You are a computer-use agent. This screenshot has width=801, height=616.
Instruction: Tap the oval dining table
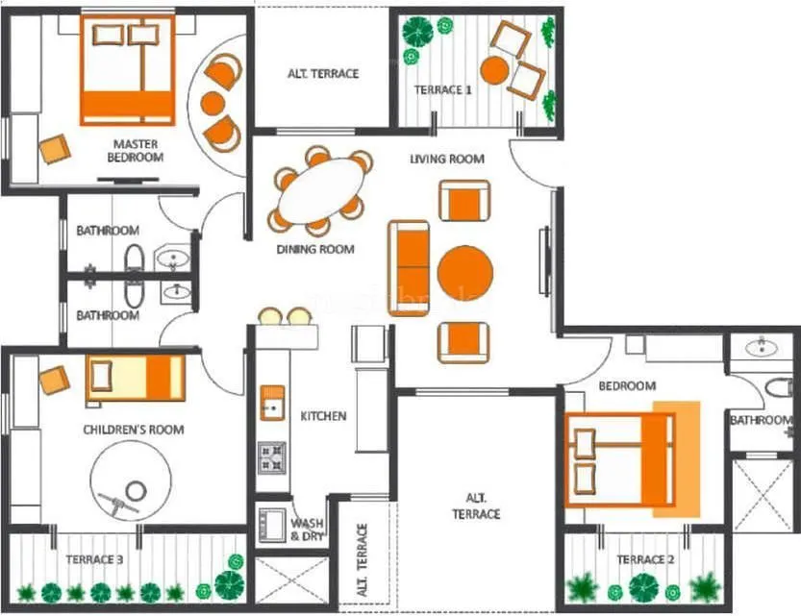click(320, 191)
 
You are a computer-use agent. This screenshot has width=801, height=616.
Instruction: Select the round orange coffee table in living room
click(465, 273)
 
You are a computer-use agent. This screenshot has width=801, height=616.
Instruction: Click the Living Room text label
click(446, 159)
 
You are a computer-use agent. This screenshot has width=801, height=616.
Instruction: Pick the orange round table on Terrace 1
click(494, 71)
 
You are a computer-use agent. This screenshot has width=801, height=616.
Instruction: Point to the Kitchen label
click(323, 416)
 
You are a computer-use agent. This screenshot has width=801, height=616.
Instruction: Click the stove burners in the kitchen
click(272, 456)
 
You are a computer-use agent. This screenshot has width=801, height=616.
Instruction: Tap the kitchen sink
click(272, 403)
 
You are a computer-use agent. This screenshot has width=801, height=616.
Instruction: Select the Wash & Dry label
click(307, 530)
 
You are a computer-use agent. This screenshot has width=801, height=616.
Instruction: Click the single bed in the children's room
click(136, 379)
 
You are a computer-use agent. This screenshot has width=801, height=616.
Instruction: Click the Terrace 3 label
click(94, 558)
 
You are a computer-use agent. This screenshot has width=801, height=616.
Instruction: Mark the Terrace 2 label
click(640, 559)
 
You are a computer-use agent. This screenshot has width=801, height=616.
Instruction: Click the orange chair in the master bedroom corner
click(55, 149)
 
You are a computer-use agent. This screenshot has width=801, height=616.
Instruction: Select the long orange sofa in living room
click(410, 268)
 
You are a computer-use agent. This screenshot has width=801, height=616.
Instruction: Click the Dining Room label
click(315, 250)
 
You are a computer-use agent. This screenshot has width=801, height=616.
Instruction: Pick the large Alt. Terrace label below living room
click(477, 506)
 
